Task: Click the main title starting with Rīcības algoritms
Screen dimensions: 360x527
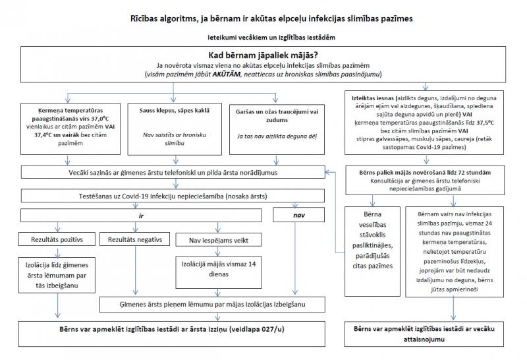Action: click(x=263, y=18)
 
